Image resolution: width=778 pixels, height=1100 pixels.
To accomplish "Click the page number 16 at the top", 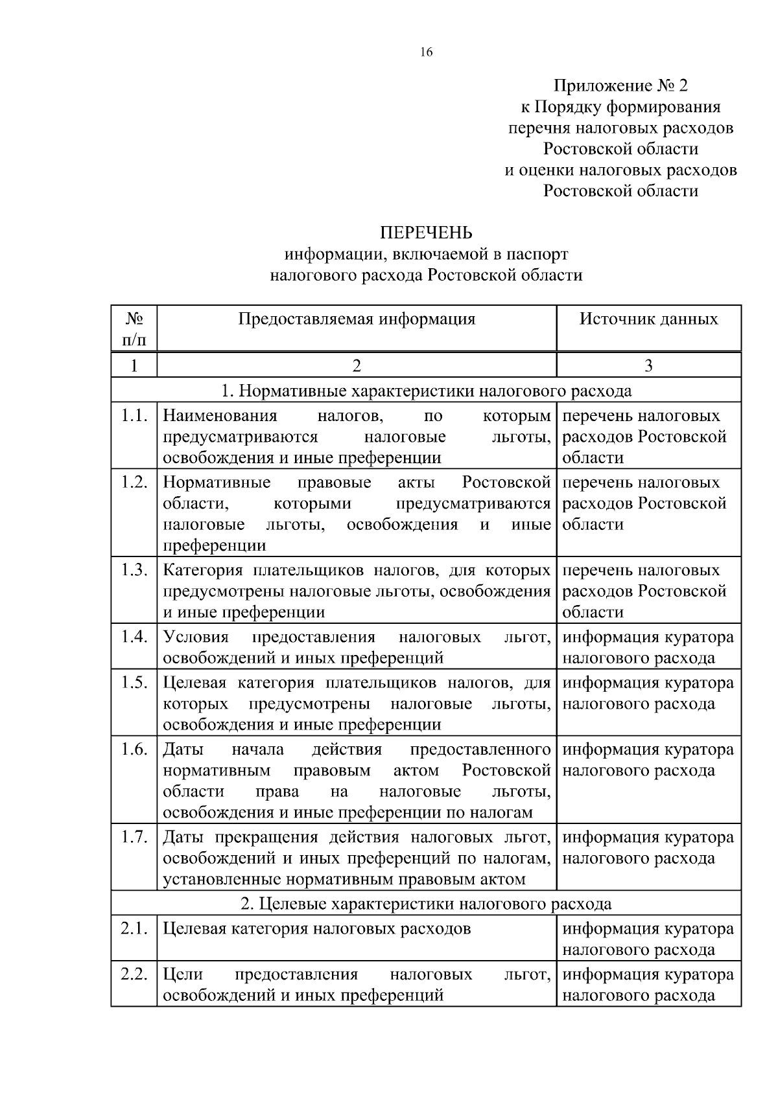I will (426, 52).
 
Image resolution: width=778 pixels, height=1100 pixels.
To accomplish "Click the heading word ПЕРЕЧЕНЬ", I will (426, 233).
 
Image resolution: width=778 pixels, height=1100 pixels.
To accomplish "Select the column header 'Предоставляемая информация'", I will (357, 319).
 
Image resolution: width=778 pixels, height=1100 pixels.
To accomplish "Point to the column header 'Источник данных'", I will (648, 319).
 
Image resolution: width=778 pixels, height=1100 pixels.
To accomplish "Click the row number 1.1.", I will (134, 416).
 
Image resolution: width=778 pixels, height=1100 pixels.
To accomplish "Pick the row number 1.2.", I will (134, 483).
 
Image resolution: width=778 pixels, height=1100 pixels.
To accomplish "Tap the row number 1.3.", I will (134, 571).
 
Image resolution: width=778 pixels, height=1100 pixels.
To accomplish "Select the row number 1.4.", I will (134, 637).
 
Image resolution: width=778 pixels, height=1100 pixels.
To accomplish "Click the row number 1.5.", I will (134, 683).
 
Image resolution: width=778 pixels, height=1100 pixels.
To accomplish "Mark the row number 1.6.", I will (134, 750).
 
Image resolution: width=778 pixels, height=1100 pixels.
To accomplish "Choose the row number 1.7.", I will (134, 838).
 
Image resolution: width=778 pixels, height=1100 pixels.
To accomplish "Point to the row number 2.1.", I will (134, 929).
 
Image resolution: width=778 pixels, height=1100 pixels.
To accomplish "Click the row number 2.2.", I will (134, 974).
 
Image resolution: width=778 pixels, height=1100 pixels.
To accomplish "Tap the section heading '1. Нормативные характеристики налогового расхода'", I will (426, 391).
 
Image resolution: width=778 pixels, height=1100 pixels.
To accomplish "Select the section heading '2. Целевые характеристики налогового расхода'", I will (426, 904).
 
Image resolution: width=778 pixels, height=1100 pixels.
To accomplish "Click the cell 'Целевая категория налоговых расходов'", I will (316, 929).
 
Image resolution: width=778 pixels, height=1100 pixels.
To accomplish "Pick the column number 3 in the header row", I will (648, 366).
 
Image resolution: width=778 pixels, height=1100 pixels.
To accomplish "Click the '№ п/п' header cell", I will (134, 328).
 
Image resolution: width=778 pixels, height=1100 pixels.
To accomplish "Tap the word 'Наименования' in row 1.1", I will (220, 416).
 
